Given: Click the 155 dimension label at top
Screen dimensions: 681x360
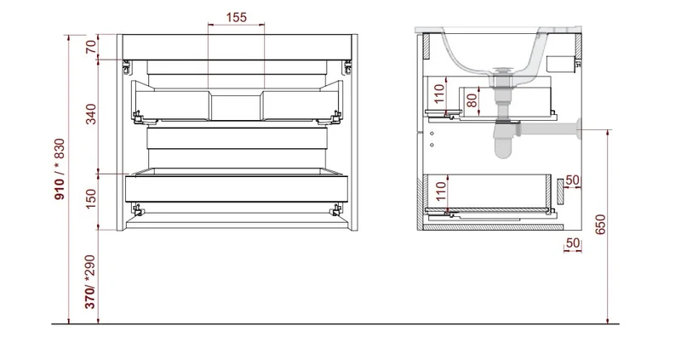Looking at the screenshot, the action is (237, 17).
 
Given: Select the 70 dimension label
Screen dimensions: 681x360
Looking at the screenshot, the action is (91, 47).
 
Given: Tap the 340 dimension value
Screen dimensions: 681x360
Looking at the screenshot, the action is (91, 114).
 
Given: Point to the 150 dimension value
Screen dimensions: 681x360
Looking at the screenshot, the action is (91, 199).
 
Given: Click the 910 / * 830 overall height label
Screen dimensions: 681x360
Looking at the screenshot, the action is (59, 169).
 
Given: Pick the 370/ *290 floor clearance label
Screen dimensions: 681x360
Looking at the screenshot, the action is (90, 282).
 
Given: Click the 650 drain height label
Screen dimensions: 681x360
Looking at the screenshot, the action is (600, 225).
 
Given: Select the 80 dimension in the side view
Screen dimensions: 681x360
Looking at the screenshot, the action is (472, 100).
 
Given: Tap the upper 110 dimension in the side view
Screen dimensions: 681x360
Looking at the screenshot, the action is (439, 94).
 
